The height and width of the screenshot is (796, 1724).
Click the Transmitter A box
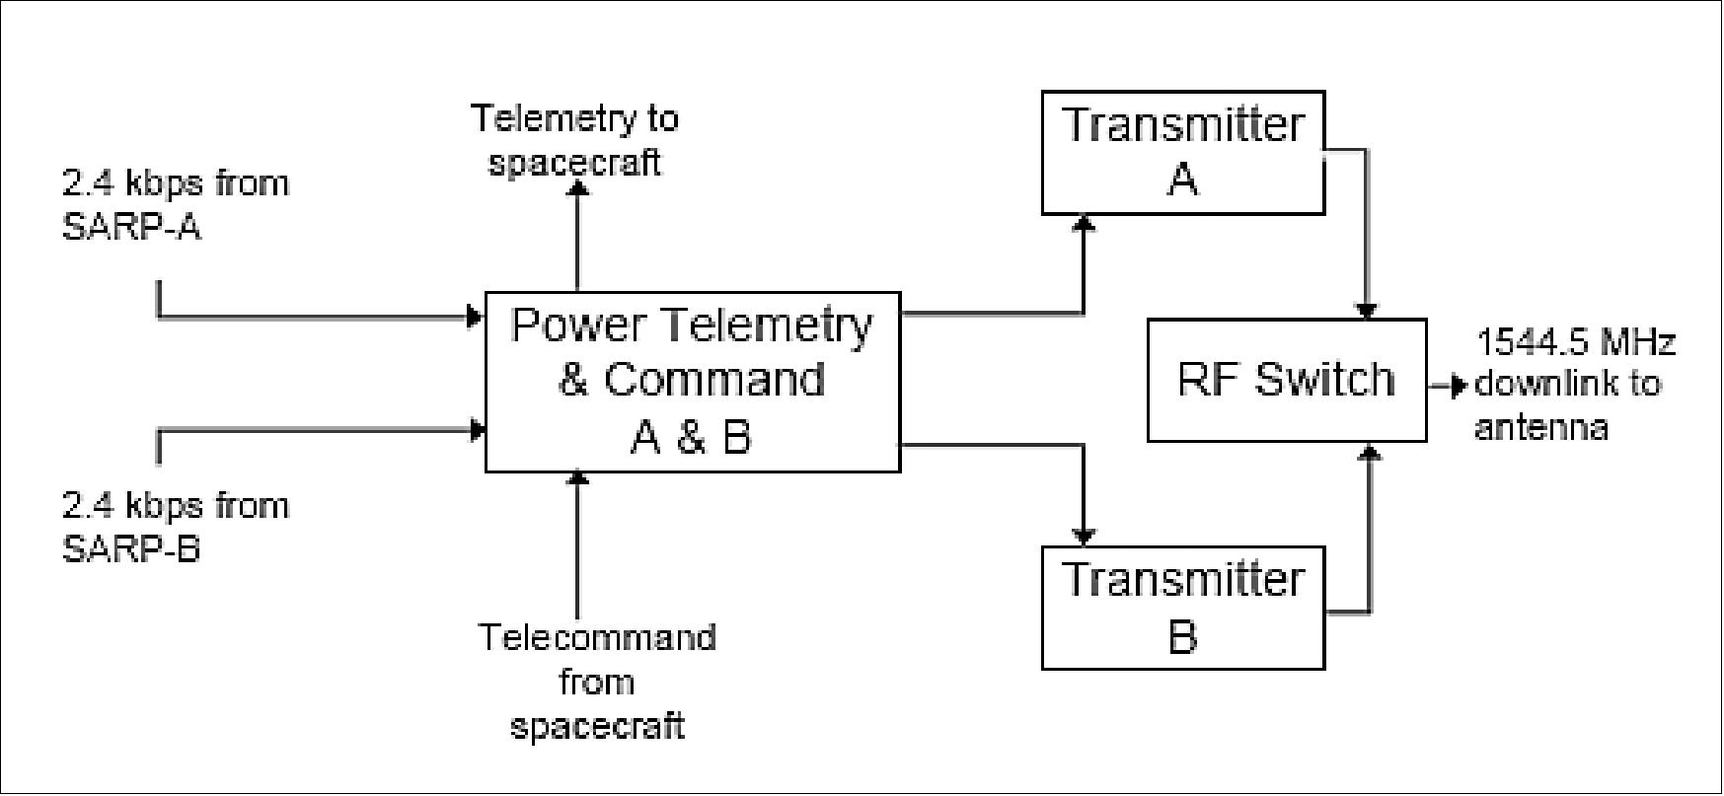(x=1182, y=153)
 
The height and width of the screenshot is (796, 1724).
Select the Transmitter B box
(x=1182, y=608)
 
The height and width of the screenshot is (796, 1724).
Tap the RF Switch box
(x=1286, y=380)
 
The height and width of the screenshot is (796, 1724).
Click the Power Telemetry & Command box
(x=692, y=381)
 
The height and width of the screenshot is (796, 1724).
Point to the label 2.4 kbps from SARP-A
(x=176, y=205)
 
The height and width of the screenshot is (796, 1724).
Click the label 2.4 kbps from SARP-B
(x=176, y=527)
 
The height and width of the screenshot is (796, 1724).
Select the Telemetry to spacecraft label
(x=575, y=139)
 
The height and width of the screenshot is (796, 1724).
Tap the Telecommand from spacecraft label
(x=597, y=682)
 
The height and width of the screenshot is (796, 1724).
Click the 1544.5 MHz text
(x=1575, y=343)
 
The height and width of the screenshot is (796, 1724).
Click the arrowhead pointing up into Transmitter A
(x=1084, y=224)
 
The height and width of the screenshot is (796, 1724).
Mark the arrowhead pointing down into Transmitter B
(x=1084, y=538)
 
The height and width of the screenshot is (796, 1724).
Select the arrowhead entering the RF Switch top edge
(x=1368, y=311)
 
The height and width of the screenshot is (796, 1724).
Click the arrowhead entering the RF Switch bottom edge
(x=1370, y=451)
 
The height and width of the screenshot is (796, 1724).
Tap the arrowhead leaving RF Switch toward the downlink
(x=1461, y=386)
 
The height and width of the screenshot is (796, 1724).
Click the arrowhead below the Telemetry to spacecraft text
(x=578, y=187)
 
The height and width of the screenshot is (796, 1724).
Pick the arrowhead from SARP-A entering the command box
(x=477, y=317)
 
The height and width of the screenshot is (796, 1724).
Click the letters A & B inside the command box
(x=691, y=436)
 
